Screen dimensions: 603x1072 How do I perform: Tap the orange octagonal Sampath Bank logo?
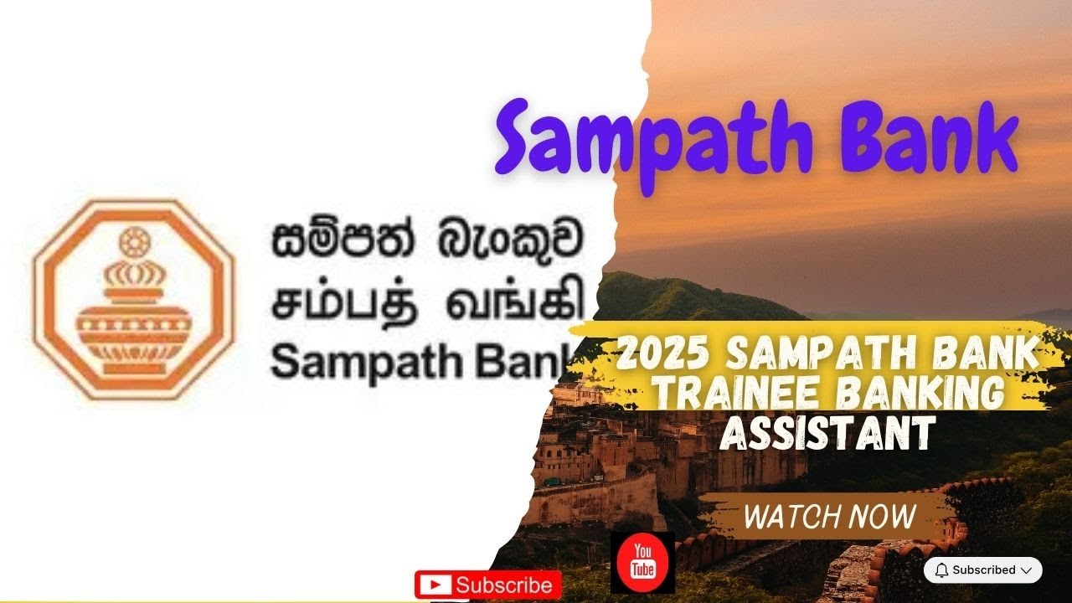[134, 298]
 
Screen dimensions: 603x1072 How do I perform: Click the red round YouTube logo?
[642, 562]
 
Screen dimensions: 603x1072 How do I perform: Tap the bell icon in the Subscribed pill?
[941, 570]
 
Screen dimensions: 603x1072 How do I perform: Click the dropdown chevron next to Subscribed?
[1025, 570]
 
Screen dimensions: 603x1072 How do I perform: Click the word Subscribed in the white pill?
[983, 570]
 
